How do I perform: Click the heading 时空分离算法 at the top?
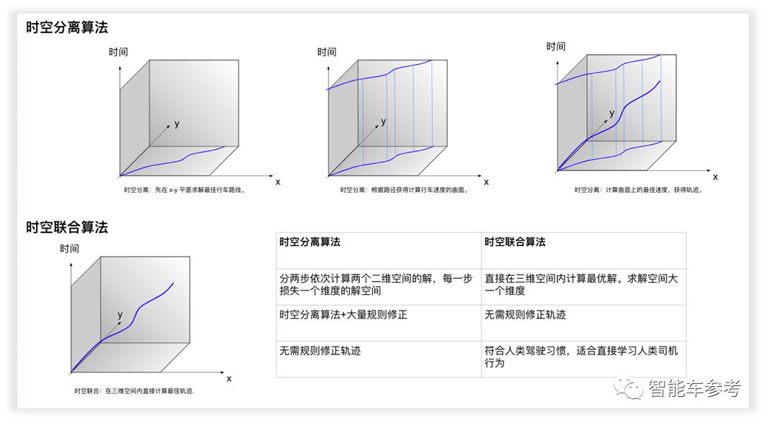[67, 27]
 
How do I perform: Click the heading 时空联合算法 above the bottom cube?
[67, 227]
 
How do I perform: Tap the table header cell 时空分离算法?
[310, 242]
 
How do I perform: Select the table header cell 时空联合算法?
[514, 242]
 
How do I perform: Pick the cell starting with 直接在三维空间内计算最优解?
[581, 285]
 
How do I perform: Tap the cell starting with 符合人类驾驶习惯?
[581, 357]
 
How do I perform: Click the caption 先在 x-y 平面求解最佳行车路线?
[184, 191]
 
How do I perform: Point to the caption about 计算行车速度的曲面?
[405, 191]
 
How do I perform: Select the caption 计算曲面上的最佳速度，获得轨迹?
[637, 190]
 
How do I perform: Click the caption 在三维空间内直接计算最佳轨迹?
[134, 391]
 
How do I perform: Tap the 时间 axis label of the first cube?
[119, 52]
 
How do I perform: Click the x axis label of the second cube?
[486, 182]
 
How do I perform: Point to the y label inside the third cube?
[612, 114]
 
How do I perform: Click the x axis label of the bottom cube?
[229, 378]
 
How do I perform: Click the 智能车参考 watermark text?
[693, 389]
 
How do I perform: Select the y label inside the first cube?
[177, 124]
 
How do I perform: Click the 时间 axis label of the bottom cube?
[70, 249]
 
